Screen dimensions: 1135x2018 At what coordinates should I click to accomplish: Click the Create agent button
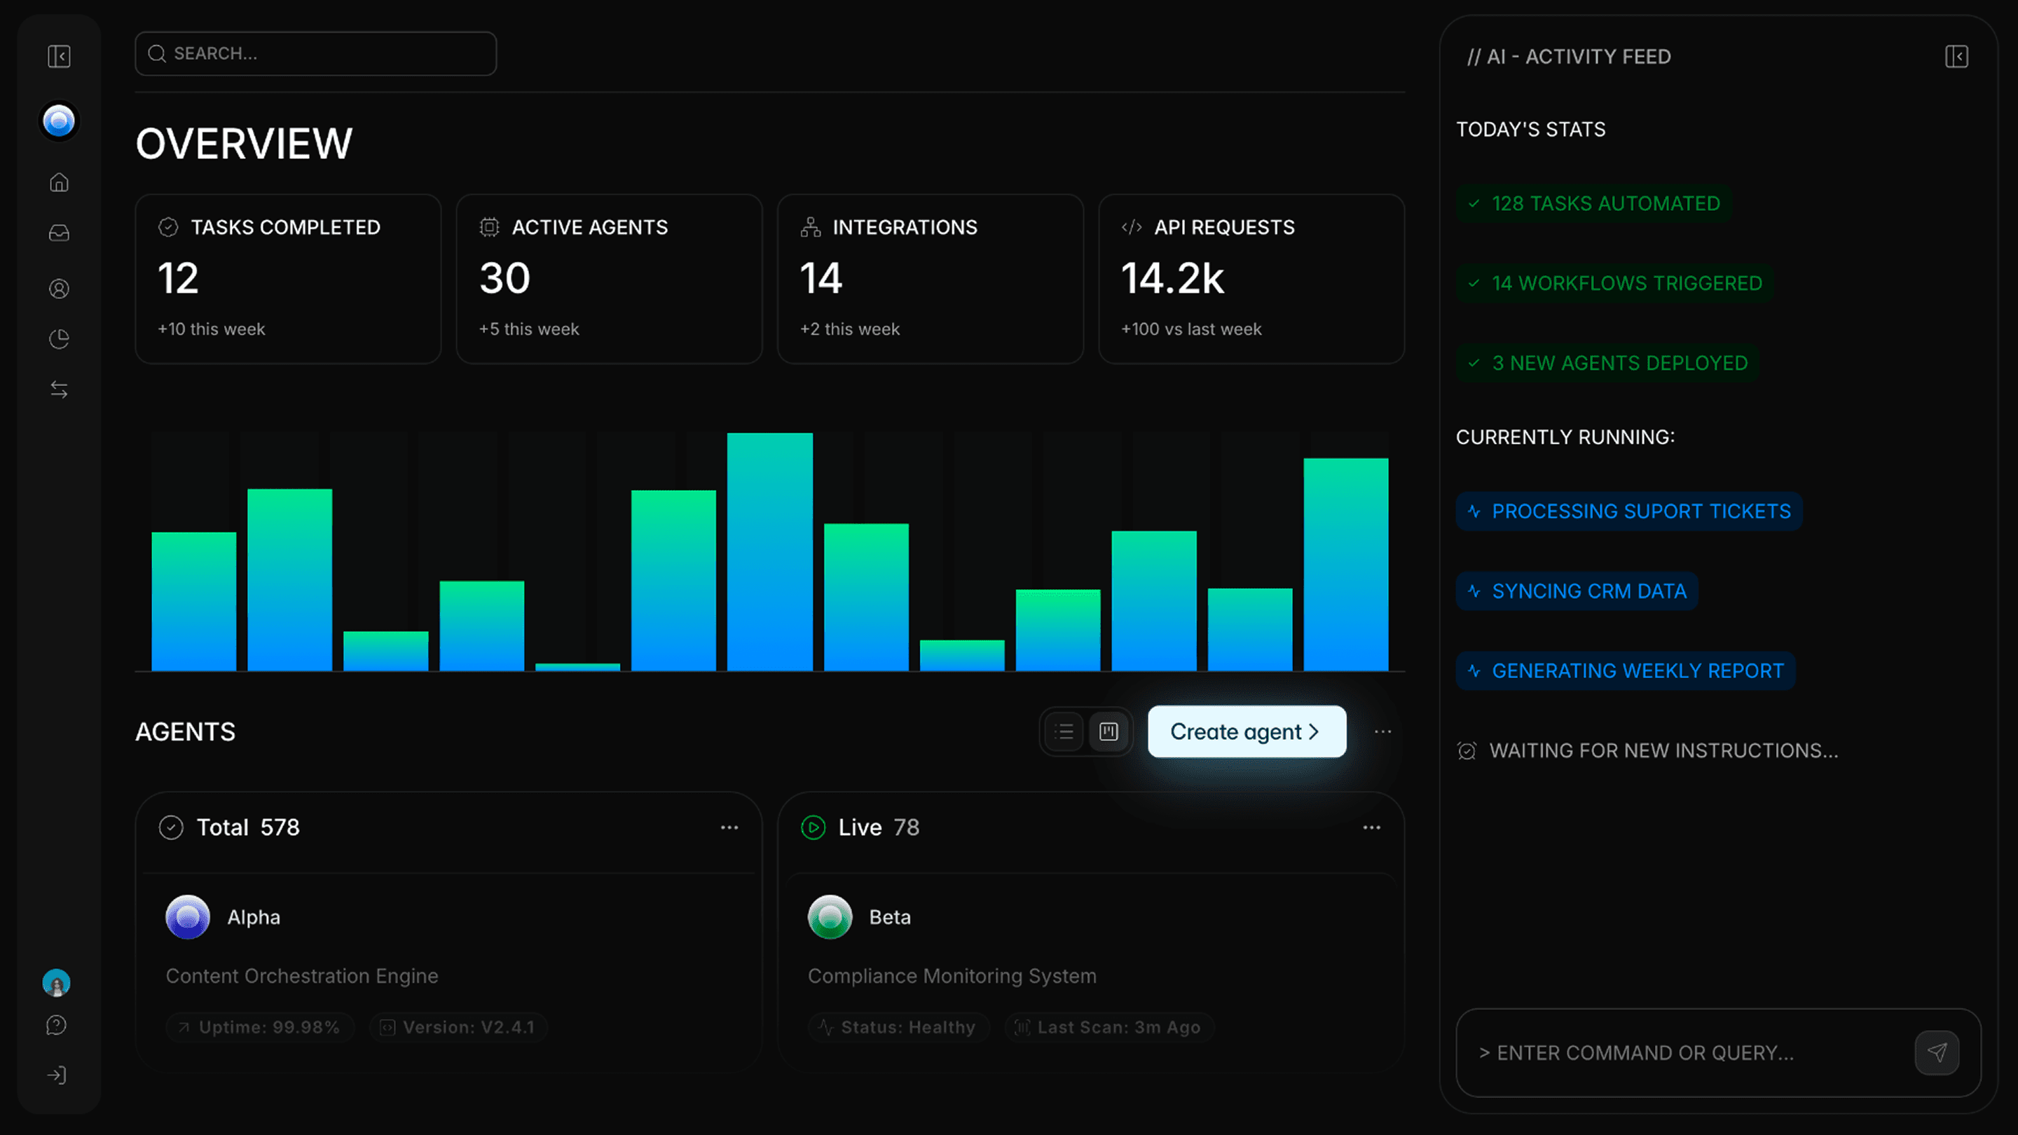[1247, 731]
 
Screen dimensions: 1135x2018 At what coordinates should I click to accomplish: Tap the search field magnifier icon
[157, 53]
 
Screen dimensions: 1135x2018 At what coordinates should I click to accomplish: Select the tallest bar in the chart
[769, 552]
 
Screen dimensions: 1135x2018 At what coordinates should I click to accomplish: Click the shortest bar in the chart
[577, 666]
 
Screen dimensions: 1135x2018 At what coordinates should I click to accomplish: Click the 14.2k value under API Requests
[1172, 278]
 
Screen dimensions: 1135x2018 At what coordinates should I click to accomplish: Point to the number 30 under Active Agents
[504, 278]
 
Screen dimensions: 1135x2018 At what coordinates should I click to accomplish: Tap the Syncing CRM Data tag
[1577, 591]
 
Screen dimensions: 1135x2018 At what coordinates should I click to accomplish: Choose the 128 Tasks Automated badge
[1593, 204]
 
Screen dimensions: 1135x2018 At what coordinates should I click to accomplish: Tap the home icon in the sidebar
[59, 182]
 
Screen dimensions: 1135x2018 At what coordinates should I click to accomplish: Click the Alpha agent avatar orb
[187, 916]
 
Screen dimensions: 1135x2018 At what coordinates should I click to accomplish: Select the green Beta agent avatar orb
[830, 916]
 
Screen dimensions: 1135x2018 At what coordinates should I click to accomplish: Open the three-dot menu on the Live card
[1371, 827]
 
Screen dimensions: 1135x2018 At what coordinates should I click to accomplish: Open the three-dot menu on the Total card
[729, 827]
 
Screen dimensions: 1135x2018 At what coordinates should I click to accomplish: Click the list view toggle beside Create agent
[1064, 731]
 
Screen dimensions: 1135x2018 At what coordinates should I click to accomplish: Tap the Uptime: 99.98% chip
[260, 1027]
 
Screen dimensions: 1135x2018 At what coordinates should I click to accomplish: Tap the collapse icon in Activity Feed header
[1956, 56]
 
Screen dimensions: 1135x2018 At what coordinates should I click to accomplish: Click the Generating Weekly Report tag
[1626, 671]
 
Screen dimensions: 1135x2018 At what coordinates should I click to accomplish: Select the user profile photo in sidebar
[56, 982]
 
